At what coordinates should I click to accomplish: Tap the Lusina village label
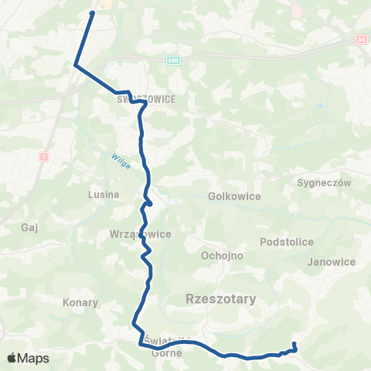click(104, 195)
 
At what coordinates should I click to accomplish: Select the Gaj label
click(31, 228)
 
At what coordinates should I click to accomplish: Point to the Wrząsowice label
click(140, 233)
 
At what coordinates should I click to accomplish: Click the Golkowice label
click(234, 196)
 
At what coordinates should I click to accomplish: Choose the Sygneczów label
click(324, 183)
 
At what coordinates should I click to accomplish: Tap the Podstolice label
click(287, 242)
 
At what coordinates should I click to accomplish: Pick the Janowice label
click(331, 262)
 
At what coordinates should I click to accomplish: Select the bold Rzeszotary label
click(222, 298)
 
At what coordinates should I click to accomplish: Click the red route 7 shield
click(43, 155)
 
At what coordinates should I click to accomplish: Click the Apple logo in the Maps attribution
click(13, 358)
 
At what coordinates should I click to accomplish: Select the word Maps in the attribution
click(34, 359)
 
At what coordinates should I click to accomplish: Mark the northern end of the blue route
click(93, 13)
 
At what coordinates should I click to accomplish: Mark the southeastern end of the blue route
click(294, 343)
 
